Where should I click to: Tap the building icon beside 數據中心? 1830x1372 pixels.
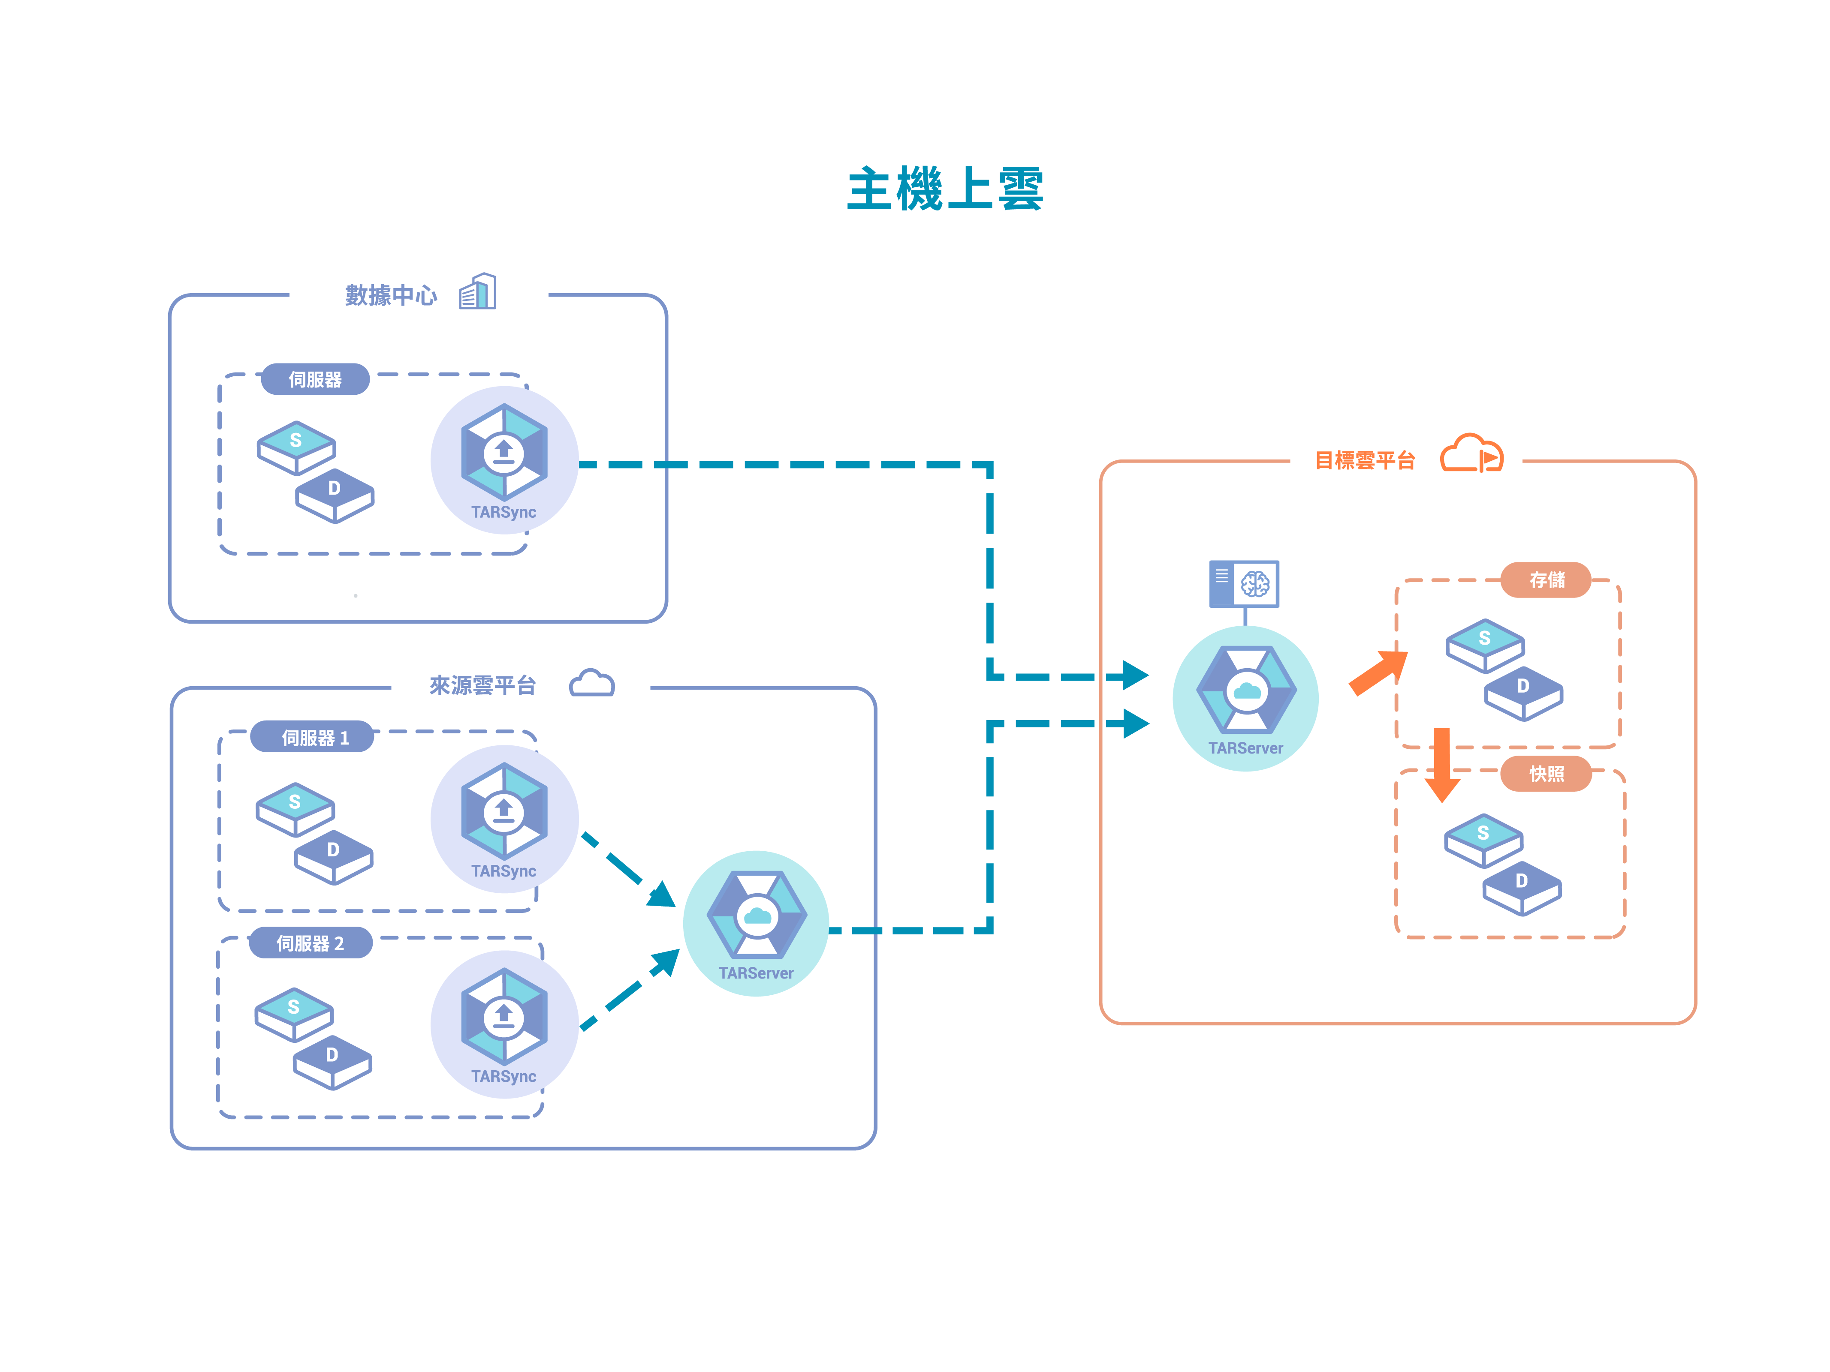(478, 292)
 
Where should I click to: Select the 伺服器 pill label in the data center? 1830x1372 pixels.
(315, 380)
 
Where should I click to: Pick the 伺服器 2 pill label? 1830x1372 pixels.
(310, 943)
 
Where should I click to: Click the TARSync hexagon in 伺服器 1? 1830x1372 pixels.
(504, 811)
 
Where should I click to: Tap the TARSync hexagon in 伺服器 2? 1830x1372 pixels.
(504, 1016)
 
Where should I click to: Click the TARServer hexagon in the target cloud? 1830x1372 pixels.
(1246, 690)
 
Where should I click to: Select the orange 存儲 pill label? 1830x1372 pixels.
(1545, 580)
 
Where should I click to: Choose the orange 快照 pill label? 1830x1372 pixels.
(1545, 774)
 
